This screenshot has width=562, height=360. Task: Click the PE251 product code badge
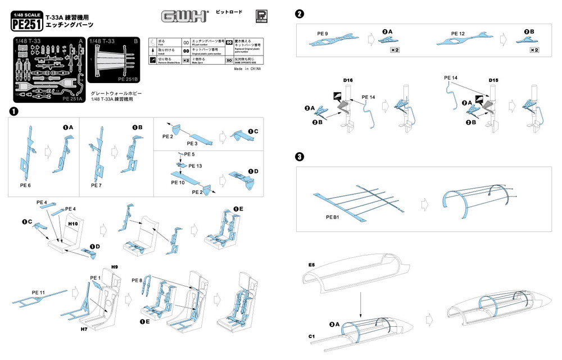click(x=26, y=24)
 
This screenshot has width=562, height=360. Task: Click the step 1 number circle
click(x=14, y=111)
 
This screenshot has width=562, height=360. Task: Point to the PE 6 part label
click(x=25, y=184)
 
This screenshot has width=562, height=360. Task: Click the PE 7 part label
click(x=97, y=184)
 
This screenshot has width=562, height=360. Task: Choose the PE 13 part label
click(x=196, y=166)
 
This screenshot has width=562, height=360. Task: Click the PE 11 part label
click(x=38, y=292)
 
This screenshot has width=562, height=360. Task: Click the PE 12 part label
click(x=458, y=34)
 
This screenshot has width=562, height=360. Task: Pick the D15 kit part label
click(x=493, y=81)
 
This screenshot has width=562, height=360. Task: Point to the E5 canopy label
click(x=311, y=264)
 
